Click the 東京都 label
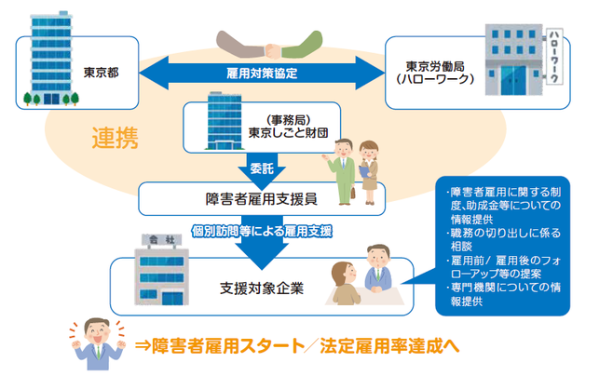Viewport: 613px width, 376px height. click(100, 71)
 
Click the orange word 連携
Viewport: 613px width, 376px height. click(115, 139)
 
